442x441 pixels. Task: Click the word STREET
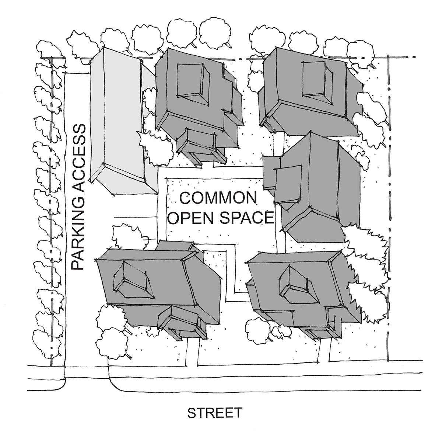tap(215, 413)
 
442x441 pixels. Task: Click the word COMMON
tap(218, 198)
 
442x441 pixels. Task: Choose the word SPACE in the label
tap(247, 218)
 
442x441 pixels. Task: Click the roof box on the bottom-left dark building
tap(134, 281)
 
